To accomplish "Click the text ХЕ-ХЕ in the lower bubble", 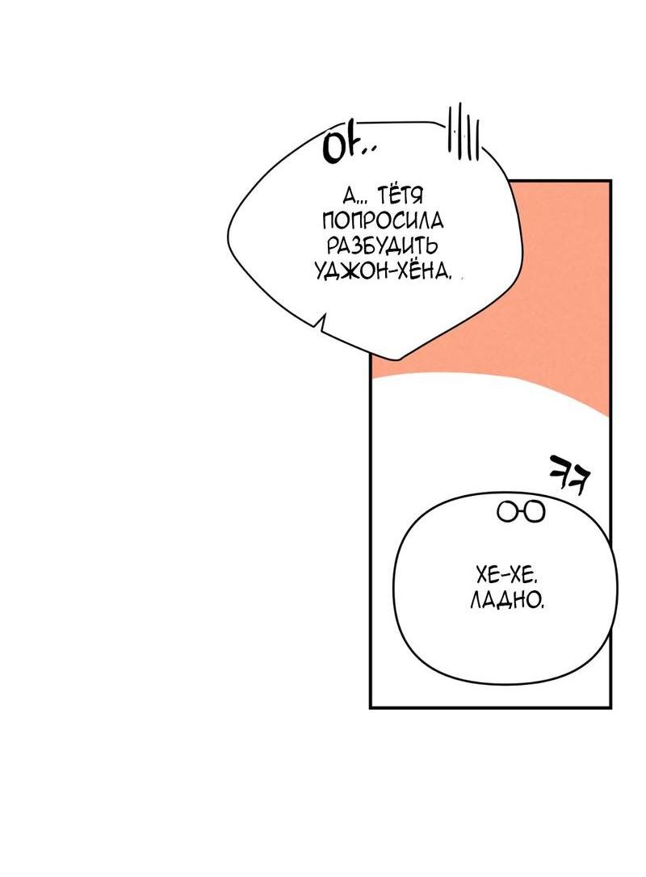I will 506,577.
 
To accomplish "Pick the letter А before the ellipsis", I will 349,196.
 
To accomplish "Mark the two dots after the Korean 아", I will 367,153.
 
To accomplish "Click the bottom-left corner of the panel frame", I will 371,707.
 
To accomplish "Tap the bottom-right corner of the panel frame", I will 610,707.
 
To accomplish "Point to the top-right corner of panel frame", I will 610,182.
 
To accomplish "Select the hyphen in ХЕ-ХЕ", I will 506,577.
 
